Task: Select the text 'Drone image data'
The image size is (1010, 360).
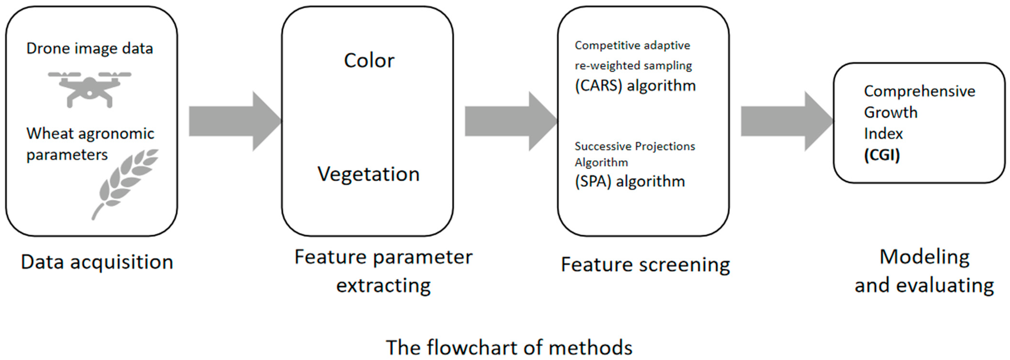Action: coord(89,49)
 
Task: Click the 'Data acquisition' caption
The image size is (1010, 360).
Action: coord(97,262)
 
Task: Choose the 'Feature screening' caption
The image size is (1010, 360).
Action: coord(645,265)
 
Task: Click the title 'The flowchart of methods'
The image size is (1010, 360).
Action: coord(509,347)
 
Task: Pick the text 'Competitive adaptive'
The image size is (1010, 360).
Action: coord(632,45)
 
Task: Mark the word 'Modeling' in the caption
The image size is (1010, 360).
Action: coord(924,257)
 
